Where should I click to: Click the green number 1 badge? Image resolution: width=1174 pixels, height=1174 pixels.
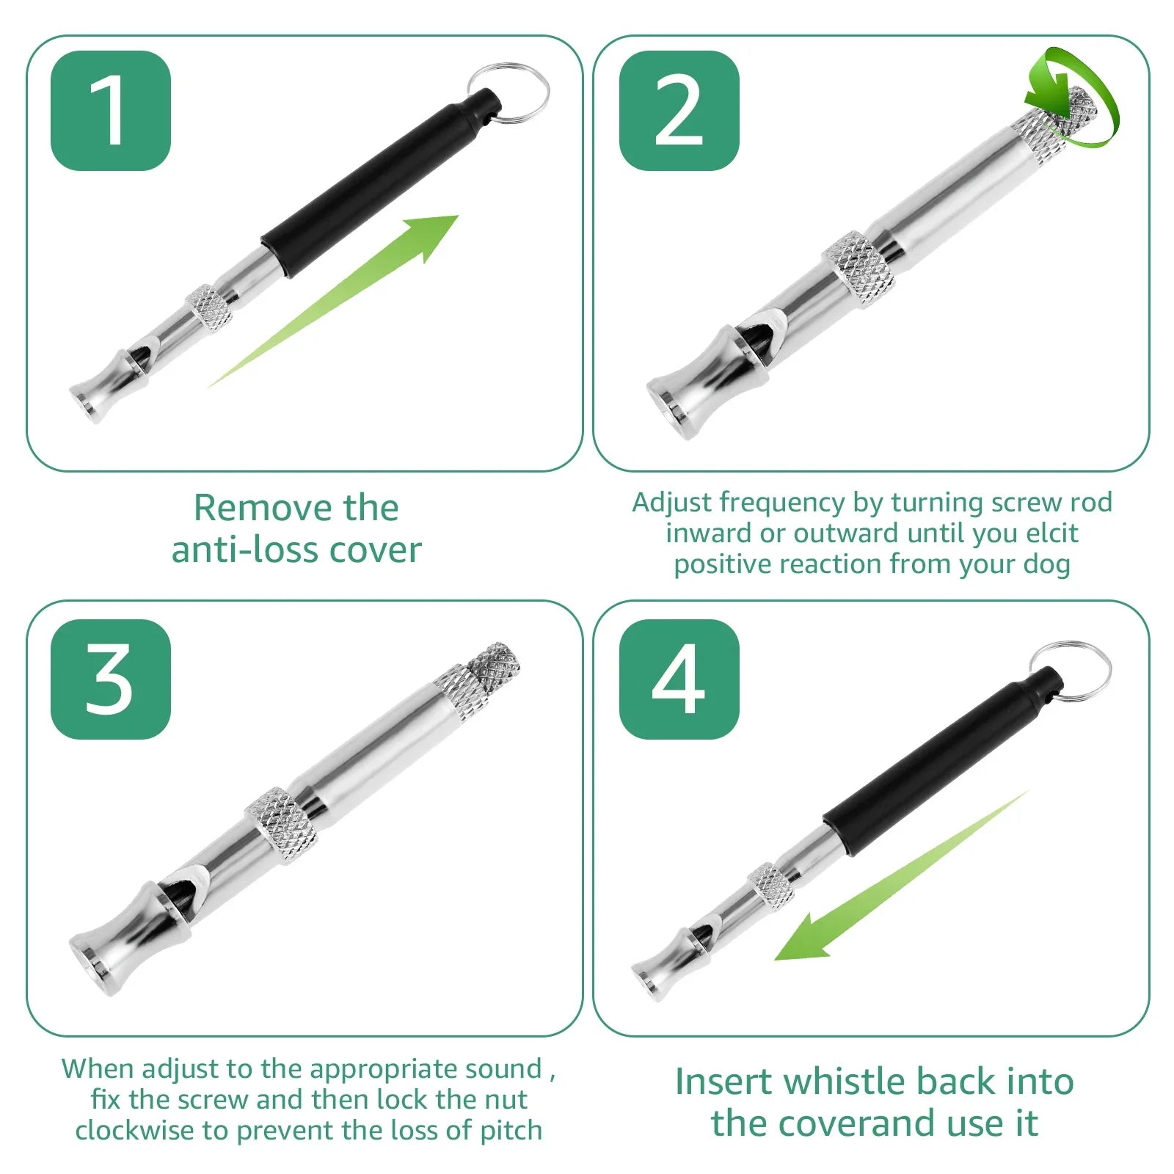click(x=111, y=111)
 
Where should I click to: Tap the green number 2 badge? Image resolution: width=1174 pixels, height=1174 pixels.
click(x=679, y=111)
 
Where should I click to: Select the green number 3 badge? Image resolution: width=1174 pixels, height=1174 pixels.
click(x=111, y=679)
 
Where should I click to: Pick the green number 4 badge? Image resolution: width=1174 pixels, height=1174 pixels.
click(x=679, y=679)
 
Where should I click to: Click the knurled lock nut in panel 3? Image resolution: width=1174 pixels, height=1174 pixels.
click(x=282, y=825)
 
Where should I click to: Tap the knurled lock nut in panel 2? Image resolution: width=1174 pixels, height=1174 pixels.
click(x=858, y=269)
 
